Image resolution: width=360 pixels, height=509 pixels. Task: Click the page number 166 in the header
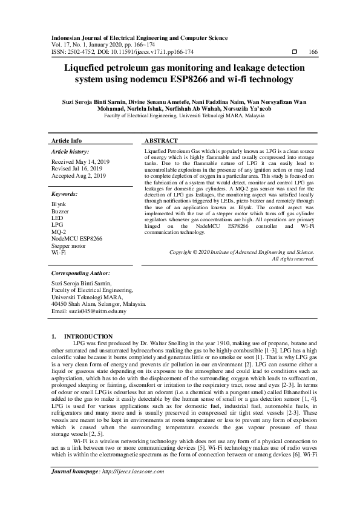[x=313, y=52]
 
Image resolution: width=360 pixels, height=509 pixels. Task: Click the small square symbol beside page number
[x=294, y=52]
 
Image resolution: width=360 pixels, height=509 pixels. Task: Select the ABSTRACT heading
[x=163, y=140]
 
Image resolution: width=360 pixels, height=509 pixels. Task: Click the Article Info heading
[x=67, y=140]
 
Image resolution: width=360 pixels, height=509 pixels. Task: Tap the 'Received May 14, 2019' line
[x=80, y=162]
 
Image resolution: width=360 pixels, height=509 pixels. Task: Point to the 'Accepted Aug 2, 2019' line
[x=79, y=175]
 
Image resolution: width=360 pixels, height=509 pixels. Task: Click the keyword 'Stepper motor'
[x=70, y=245]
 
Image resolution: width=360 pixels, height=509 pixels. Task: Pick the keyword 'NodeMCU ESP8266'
[x=77, y=238]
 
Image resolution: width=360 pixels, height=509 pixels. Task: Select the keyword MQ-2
[x=59, y=232]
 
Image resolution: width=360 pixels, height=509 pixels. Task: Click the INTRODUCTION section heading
[x=88, y=336]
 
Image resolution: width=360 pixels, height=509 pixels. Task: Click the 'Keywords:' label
[x=65, y=194]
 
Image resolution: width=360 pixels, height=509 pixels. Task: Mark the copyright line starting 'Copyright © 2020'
[x=241, y=251]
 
